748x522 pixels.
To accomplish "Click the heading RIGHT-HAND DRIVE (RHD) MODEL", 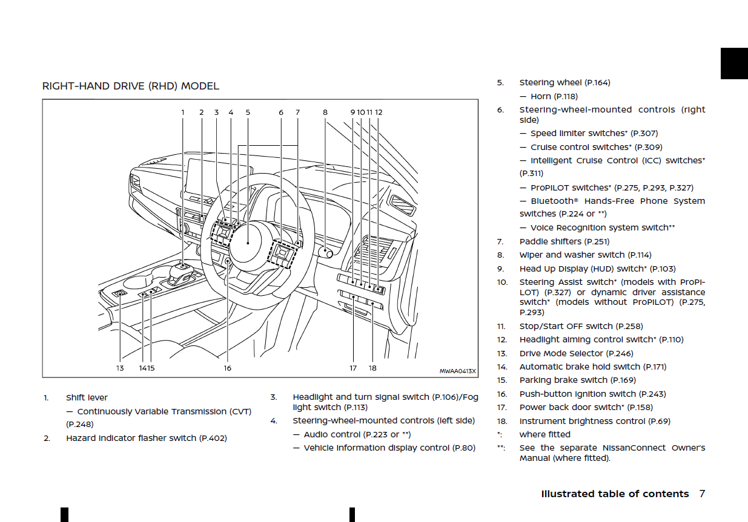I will pyautogui.click(x=130, y=86).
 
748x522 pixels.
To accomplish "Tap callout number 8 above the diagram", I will pyautogui.click(x=325, y=112).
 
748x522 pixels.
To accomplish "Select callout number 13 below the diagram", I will pyautogui.click(x=120, y=368).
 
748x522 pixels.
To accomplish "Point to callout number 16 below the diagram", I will pyautogui.click(x=227, y=368).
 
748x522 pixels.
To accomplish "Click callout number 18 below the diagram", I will pyautogui.click(x=372, y=368).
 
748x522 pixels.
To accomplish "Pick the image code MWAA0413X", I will pyautogui.click(x=457, y=371).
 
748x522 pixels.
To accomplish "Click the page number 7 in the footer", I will pyautogui.click(x=702, y=494).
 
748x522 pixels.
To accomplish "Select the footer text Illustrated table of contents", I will pyautogui.click(x=615, y=494).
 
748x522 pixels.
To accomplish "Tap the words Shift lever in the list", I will pyautogui.click(x=87, y=397).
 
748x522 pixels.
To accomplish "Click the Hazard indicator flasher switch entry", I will pyautogui.click(x=146, y=438).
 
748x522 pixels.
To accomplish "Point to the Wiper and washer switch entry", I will pyautogui.click(x=585, y=255).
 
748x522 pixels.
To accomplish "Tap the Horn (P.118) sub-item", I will pyautogui.click(x=554, y=96).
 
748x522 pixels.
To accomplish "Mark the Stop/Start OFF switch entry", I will pyautogui.click(x=581, y=326).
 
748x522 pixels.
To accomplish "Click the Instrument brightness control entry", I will pyautogui.click(x=594, y=421).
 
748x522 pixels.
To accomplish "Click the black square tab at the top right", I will pyautogui.click(x=733, y=63).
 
